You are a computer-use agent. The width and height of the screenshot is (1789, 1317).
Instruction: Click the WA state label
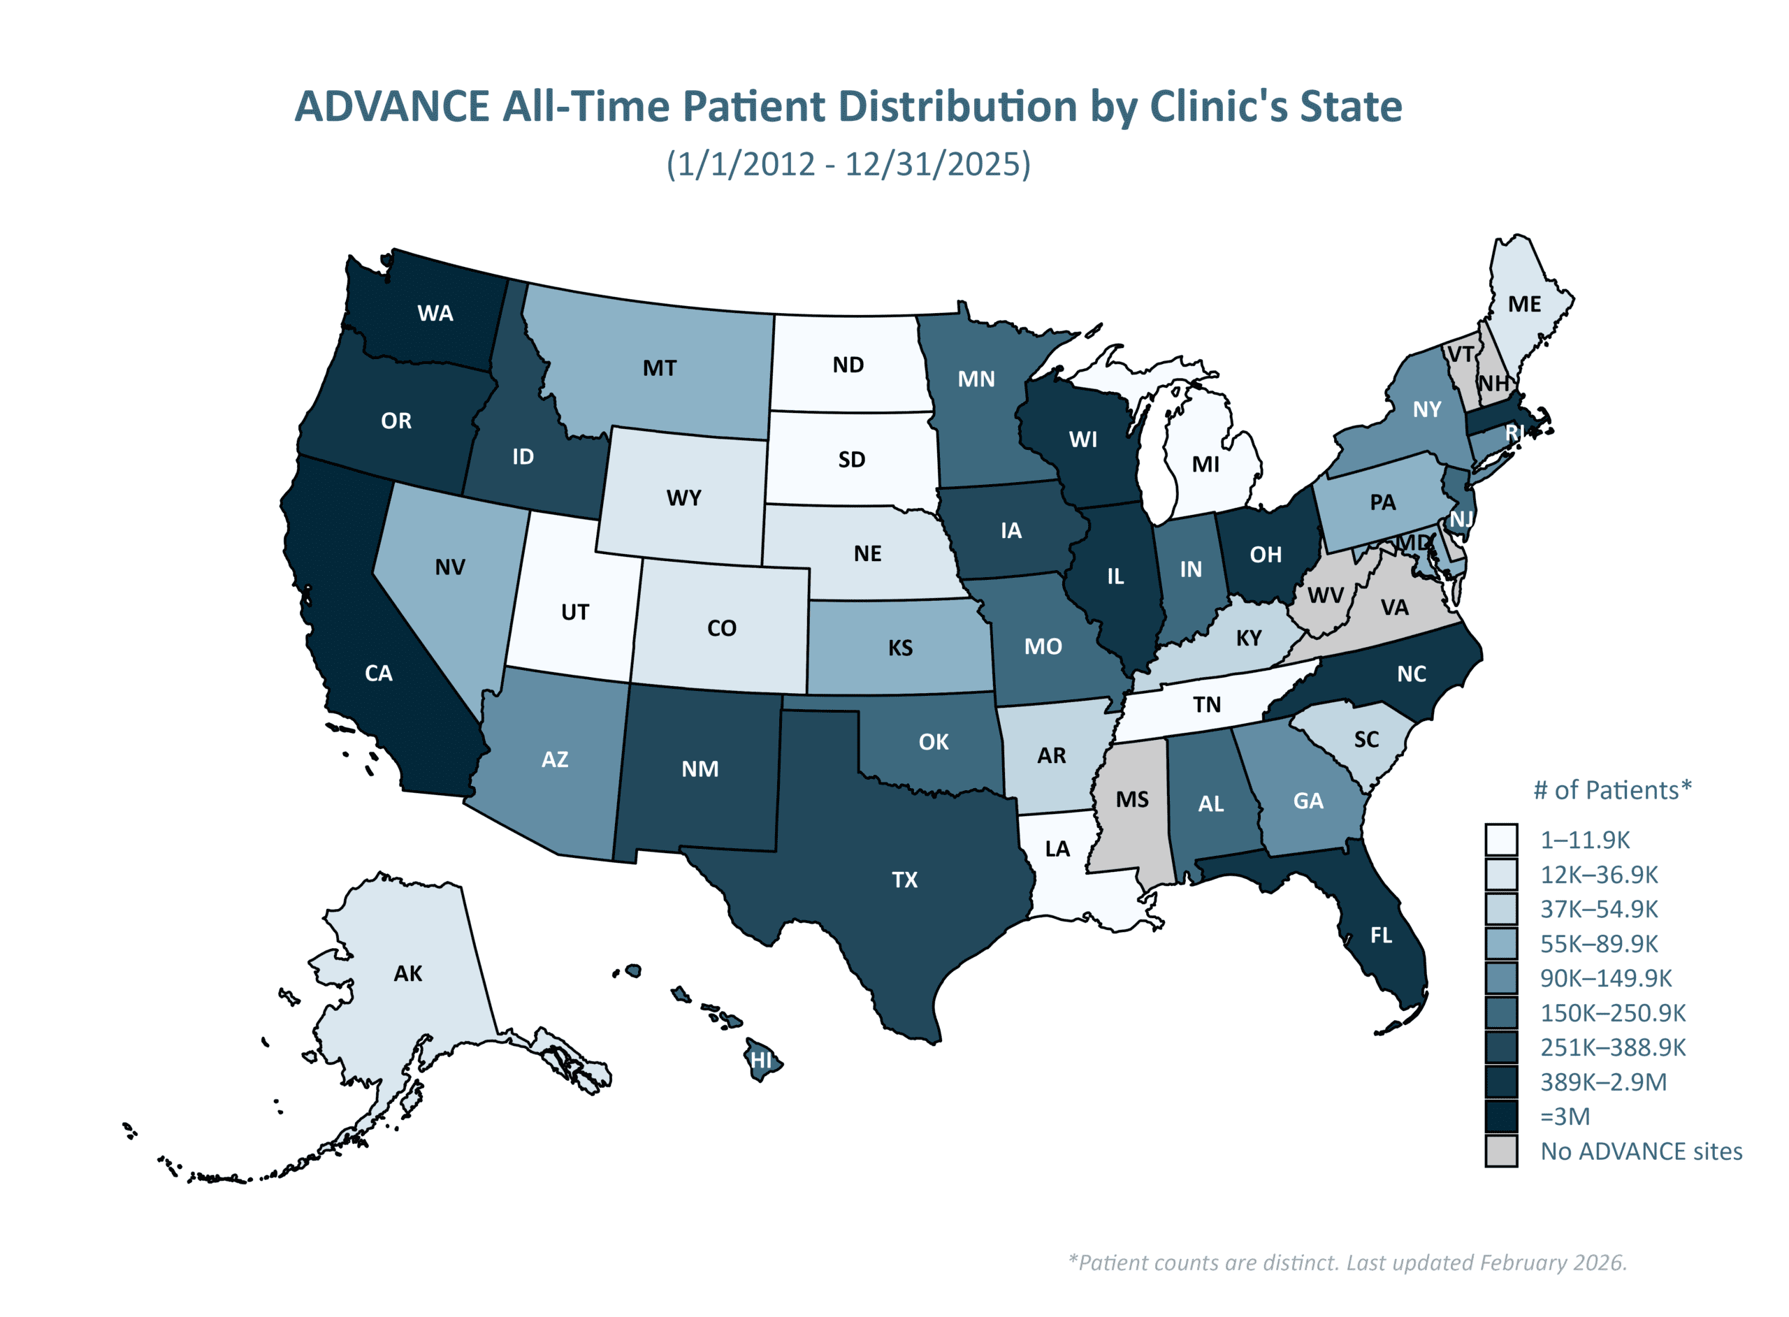pos(435,313)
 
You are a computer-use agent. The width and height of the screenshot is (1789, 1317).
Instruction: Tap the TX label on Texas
pos(905,880)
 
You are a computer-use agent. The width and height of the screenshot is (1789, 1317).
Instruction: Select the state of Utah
pos(574,611)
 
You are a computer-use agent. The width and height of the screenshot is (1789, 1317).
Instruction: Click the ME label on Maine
pos(1524,304)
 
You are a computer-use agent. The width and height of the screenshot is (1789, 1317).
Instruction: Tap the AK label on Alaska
pos(408,973)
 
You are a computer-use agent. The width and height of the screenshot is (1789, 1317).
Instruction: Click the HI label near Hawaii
pos(761,1061)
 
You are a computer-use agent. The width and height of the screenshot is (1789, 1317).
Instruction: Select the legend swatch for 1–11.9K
pos(1501,841)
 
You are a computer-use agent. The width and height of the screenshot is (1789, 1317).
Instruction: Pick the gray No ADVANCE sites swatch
pos(1501,1151)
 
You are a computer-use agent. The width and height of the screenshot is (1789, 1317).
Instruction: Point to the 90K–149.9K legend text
pos(1606,978)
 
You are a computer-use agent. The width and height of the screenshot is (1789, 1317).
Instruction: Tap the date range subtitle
pos(848,164)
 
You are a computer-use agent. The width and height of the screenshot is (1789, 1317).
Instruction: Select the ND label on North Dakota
pos(848,365)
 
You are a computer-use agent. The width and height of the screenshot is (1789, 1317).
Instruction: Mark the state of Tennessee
pos(1206,705)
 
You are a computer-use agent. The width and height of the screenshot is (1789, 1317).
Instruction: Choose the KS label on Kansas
pos(901,648)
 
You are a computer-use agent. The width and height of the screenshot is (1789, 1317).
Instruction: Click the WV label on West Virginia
pos(1326,595)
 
